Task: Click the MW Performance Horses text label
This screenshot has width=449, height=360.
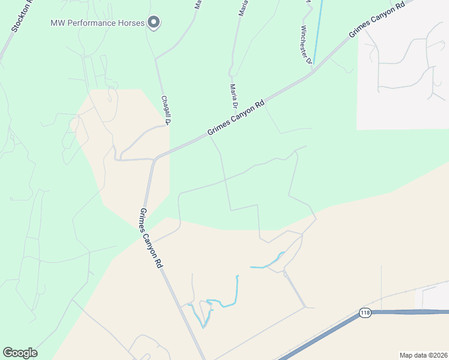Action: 98,23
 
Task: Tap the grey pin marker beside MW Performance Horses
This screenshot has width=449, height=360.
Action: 154,23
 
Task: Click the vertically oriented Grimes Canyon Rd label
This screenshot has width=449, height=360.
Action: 151,238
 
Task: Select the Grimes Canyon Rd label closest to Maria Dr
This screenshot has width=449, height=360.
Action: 236,117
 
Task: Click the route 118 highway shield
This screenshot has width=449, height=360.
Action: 365,313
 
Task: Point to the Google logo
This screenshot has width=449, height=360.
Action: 20,353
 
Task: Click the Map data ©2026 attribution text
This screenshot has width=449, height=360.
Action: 423,355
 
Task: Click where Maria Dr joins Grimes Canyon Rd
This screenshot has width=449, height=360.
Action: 208,136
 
